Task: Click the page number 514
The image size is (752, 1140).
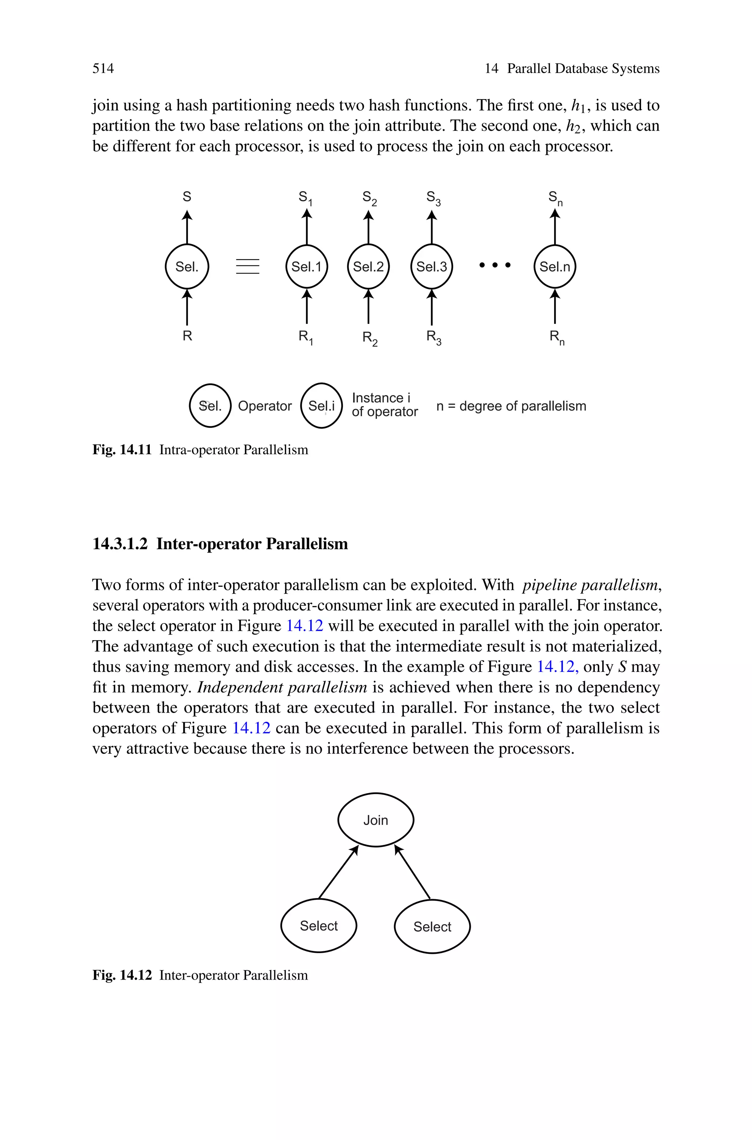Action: (x=103, y=69)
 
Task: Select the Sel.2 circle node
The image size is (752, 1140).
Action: (x=368, y=267)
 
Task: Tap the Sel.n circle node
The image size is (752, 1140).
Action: (x=554, y=267)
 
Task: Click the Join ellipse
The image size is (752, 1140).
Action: (x=376, y=820)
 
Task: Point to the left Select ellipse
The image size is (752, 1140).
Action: (x=318, y=926)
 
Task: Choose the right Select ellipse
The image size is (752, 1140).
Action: (x=432, y=927)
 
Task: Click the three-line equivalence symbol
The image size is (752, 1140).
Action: (x=247, y=267)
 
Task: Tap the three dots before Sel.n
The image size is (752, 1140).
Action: (x=495, y=265)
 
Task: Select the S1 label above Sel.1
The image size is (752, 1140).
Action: (x=305, y=198)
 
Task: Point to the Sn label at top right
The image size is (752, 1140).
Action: (x=555, y=198)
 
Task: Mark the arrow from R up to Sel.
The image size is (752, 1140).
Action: (x=187, y=307)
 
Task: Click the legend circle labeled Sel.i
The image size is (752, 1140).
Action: (x=321, y=406)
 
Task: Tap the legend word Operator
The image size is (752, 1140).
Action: (x=265, y=406)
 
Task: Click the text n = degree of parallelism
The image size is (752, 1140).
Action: (x=511, y=406)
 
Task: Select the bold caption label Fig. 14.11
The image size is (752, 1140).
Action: (x=122, y=450)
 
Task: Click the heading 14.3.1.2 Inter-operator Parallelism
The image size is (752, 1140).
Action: (x=220, y=544)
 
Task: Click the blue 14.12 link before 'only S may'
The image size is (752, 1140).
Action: (x=557, y=667)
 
